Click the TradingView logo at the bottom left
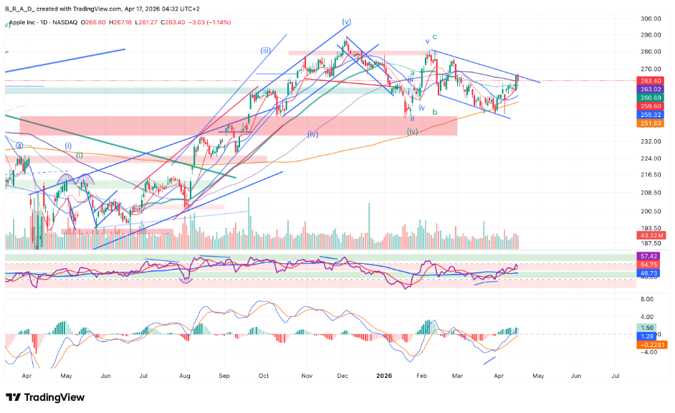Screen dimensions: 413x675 pos(45,397)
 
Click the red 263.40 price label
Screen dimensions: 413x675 pos(650,80)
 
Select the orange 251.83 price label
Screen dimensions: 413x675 pos(650,123)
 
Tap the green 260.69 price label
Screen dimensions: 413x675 pos(650,97)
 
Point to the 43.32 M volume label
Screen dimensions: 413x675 pos(650,234)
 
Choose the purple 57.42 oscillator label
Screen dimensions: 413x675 pos(650,256)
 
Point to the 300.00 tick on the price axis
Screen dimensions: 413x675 pos(650,19)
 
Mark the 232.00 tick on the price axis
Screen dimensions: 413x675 pos(650,142)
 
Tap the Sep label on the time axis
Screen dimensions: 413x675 pos(224,375)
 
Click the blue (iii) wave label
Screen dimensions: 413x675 pos(265,50)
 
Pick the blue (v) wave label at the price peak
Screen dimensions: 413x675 pos(347,22)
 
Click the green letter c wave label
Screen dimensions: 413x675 pos(435,36)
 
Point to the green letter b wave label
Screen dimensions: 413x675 pos(434,112)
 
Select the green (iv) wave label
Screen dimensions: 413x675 pos(413,132)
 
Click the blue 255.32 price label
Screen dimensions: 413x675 pos(650,114)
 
